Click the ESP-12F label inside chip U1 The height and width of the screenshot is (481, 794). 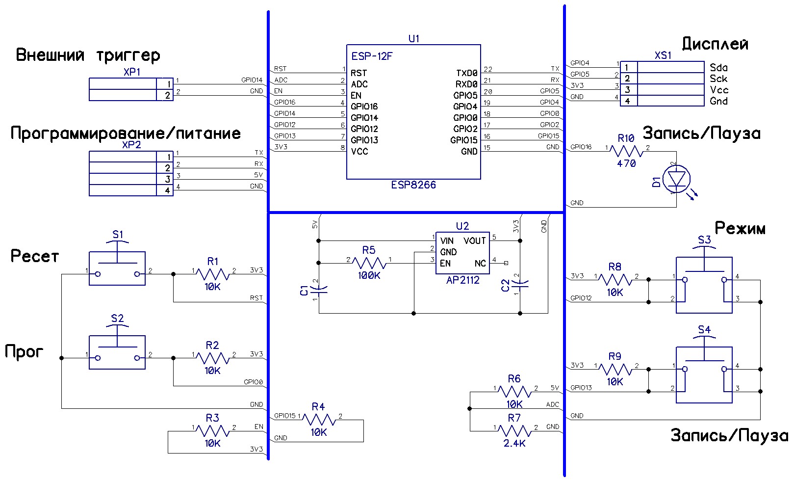372,56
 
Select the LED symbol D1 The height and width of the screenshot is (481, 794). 676,179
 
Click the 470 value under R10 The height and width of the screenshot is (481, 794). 626,163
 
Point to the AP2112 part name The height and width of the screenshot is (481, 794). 462,280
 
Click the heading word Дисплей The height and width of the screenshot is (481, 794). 715,44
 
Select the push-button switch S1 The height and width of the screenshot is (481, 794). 117,268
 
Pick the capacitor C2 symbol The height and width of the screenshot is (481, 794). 520,283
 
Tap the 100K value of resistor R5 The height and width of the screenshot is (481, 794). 369,275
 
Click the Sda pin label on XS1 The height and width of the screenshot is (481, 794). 718,67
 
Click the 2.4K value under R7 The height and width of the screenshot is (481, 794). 514,443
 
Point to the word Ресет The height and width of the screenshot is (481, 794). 34,256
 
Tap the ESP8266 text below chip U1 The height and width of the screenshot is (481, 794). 413,185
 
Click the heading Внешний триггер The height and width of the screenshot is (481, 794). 88,54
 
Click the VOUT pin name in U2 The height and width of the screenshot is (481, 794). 474,240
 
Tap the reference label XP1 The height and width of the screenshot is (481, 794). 132,72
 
